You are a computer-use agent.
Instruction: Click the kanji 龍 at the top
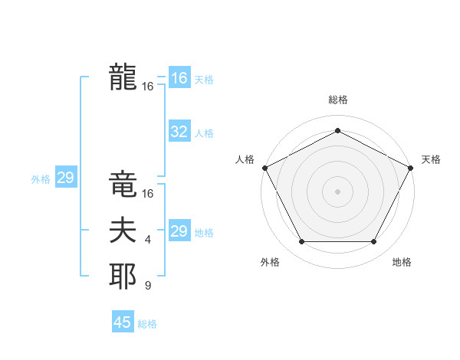tap(123, 77)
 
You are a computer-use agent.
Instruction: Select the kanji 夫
tap(123, 231)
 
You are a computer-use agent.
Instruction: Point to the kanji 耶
tap(123, 277)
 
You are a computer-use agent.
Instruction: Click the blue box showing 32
tap(179, 132)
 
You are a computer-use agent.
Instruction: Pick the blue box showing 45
tap(123, 322)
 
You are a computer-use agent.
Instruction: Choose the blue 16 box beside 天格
tap(179, 78)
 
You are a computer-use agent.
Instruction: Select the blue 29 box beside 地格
tap(179, 231)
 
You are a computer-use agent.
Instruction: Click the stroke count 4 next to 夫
tap(148, 241)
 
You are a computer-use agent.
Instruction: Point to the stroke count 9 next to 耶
tap(148, 286)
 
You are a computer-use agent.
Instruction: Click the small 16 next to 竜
tap(148, 194)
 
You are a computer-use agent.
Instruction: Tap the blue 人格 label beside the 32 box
tap(204, 133)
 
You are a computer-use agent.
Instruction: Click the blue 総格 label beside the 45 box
tap(147, 324)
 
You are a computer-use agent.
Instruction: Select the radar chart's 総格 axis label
tap(337, 100)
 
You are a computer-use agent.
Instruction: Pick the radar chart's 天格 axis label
tap(432, 159)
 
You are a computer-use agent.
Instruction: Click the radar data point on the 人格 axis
tap(264, 167)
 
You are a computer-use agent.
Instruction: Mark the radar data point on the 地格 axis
tap(374, 242)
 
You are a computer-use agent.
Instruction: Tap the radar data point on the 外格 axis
tap(301, 242)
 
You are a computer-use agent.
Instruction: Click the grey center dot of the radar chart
tap(337, 191)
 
